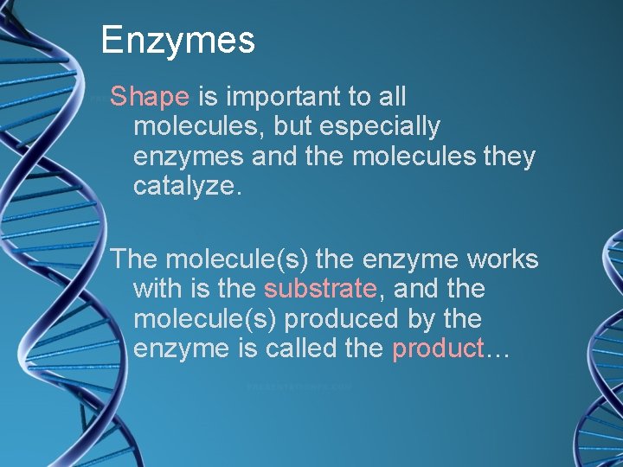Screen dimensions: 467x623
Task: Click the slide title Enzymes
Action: (177, 41)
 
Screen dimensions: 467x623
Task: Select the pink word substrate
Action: (320, 289)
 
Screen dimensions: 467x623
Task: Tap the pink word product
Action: (437, 349)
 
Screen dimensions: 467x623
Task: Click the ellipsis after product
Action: (498, 351)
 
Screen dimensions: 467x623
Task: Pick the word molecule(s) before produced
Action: (205, 319)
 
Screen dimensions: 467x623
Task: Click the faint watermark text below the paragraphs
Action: (299, 387)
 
